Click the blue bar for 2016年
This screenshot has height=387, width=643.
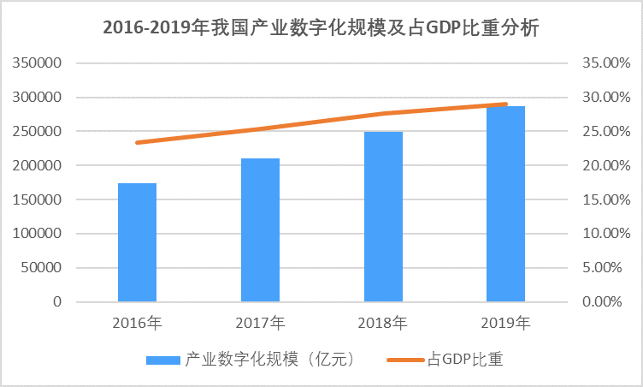137,242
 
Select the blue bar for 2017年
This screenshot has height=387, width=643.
259,229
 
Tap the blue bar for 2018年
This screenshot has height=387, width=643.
382,217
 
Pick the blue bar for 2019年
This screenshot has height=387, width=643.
505,204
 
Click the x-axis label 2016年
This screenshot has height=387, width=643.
137,324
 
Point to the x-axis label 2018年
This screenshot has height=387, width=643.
382,324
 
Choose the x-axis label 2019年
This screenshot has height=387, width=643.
505,324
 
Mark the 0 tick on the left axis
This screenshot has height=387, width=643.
57,302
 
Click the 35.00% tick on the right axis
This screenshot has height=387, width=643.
605,63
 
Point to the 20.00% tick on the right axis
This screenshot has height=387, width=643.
605,165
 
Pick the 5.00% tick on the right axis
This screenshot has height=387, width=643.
608,268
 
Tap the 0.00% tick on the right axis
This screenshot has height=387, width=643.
608,302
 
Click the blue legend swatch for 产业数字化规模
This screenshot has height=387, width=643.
162,360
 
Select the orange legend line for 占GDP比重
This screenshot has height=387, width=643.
405,360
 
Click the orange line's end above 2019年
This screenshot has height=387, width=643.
505,104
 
